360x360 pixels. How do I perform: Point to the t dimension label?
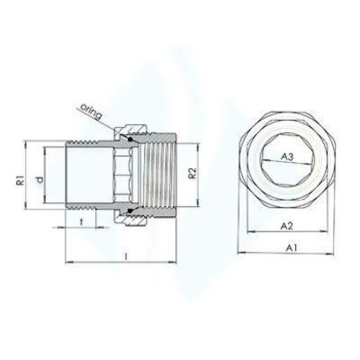[81, 221]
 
